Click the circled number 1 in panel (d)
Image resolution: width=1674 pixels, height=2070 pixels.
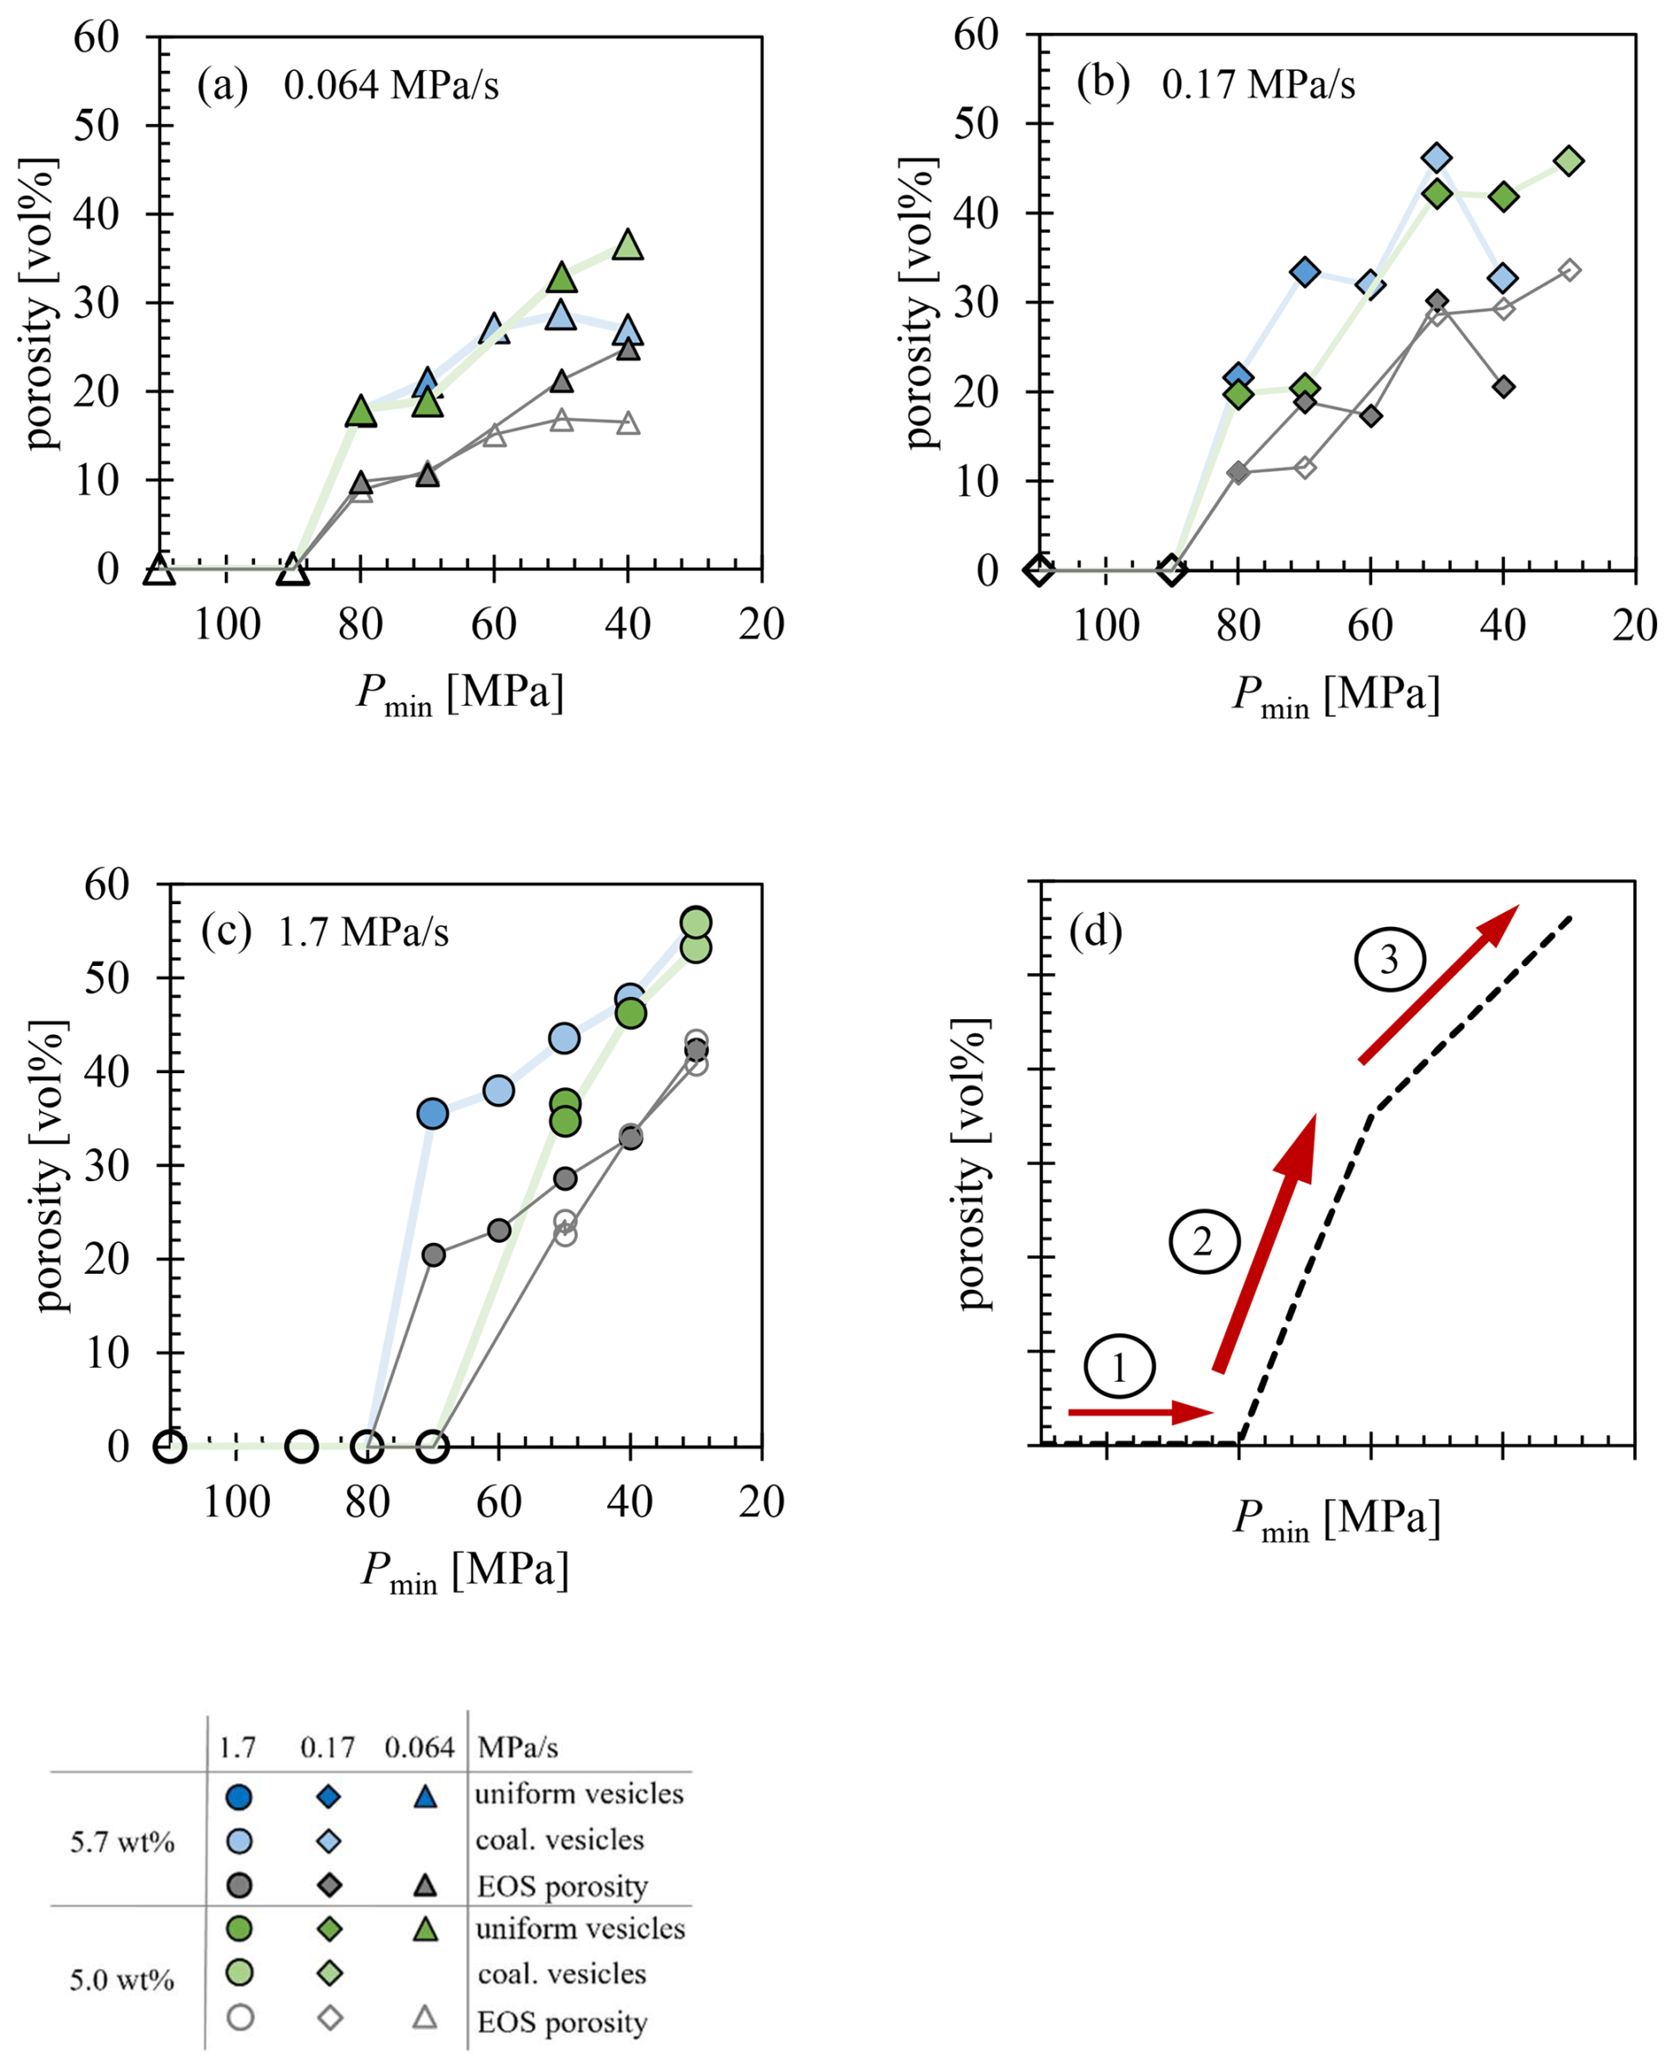[x=1118, y=1367]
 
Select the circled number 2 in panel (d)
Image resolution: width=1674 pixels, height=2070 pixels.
[x=1203, y=1242]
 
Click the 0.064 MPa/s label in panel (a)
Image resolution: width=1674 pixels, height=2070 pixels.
[x=390, y=86]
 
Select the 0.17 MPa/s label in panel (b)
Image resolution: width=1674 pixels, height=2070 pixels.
[x=1257, y=85]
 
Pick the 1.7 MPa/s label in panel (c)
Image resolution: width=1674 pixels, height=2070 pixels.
[x=363, y=932]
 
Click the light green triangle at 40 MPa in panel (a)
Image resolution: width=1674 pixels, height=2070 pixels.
[x=628, y=246]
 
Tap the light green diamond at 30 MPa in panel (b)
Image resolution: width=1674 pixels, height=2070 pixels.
[x=1569, y=161]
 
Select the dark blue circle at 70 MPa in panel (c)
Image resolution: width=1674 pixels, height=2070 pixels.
[x=433, y=1114]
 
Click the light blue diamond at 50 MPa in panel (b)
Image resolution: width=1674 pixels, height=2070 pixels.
[x=1437, y=157]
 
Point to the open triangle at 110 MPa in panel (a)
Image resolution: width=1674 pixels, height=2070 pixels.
[x=159, y=570]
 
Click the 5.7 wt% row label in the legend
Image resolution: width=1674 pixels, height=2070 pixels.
[x=121, y=1843]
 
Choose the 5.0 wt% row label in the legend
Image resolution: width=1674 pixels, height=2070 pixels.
[x=121, y=1981]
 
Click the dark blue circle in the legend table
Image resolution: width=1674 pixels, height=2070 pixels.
[x=238, y=1798]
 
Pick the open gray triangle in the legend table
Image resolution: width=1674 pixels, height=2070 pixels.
[x=426, y=2018]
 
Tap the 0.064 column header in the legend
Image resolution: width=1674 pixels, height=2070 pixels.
[x=418, y=1748]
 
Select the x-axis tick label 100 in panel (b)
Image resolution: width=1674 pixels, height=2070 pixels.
[x=1105, y=625]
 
